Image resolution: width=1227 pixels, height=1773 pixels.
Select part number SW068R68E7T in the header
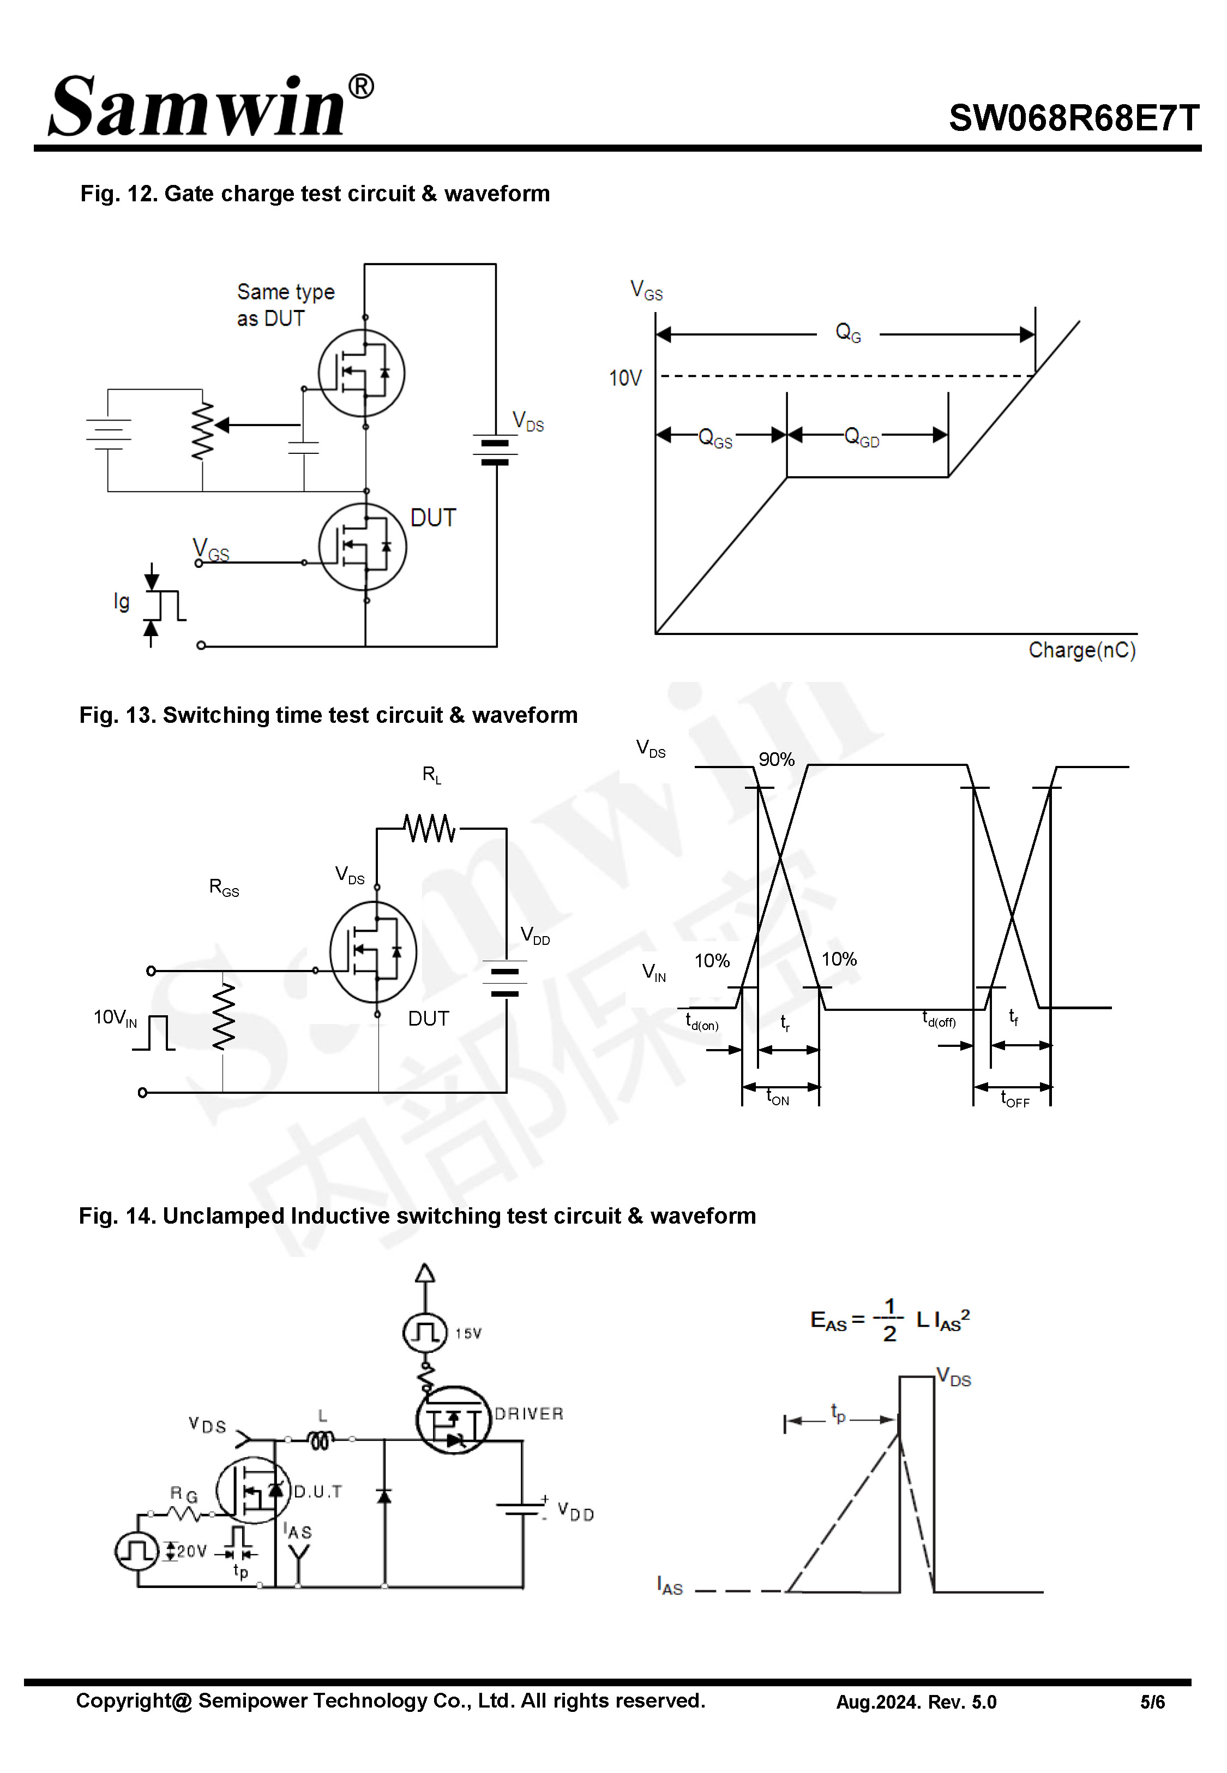click(x=1073, y=118)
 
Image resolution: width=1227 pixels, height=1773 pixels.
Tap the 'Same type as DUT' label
click(x=285, y=304)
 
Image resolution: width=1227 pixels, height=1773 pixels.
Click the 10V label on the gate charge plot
click(x=624, y=378)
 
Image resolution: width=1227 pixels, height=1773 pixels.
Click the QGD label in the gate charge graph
click(x=861, y=438)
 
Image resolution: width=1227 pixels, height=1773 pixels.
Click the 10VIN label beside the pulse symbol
click(x=115, y=1018)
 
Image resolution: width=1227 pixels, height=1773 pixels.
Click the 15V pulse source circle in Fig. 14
click(x=424, y=1332)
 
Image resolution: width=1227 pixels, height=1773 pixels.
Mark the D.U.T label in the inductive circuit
click(x=317, y=1492)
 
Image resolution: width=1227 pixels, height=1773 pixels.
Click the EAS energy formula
click(x=889, y=1321)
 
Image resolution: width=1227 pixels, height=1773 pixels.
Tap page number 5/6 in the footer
click(x=1152, y=1702)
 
